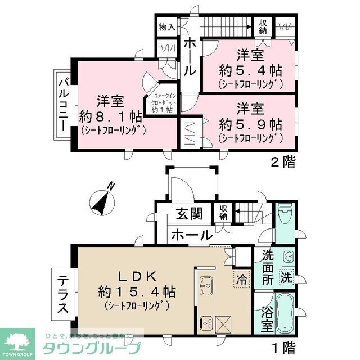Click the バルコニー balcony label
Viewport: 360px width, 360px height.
63,107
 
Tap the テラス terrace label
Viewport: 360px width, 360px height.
63,292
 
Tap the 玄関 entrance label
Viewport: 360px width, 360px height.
188,215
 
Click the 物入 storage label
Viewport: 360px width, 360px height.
167,27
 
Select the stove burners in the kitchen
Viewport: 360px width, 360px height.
205,323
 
